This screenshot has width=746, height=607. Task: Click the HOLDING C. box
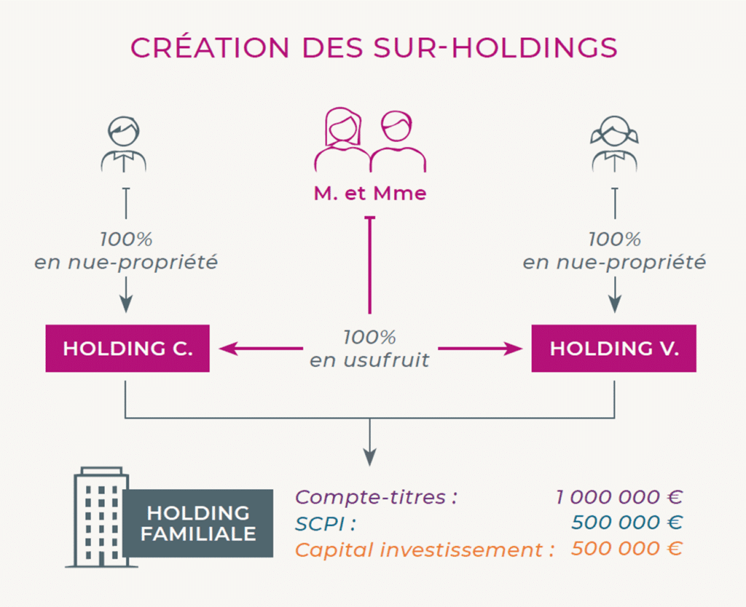[127, 349]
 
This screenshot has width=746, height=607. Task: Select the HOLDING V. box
[613, 349]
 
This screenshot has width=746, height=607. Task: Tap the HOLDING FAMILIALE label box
[198, 523]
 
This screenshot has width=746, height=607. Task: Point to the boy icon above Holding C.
[124, 144]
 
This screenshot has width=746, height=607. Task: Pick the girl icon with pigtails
[615, 144]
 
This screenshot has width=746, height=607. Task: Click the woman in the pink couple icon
[342, 140]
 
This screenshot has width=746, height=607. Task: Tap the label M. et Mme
[370, 194]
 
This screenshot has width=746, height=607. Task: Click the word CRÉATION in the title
[210, 47]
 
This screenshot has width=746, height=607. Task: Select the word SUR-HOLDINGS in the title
[495, 47]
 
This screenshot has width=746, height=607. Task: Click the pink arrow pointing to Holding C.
[261, 349]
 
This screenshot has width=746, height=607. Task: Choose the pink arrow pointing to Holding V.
[480, 349]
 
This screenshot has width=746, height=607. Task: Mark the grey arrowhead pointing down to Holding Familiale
[369, 458]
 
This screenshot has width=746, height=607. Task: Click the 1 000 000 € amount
[619, 497]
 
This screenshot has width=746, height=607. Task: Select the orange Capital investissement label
[425, 550]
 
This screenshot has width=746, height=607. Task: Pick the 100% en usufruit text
[369, 349]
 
